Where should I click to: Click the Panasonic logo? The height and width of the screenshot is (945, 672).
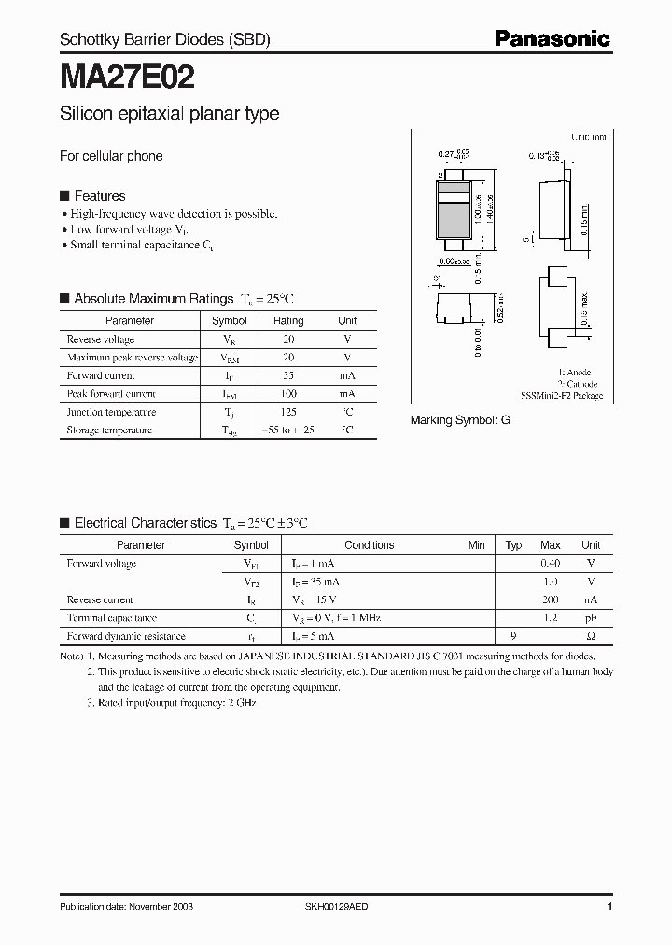tap(552, 38)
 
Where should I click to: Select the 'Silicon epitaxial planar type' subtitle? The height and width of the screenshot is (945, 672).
tap(169, 114)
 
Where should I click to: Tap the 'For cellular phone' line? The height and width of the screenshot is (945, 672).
tap(111, 156)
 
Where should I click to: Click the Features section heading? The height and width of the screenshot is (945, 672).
tap(99, 196)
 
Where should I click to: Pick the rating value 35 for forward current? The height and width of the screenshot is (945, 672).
tap(287, 375)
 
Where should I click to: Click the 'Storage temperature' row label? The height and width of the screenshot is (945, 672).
tap(109, 430)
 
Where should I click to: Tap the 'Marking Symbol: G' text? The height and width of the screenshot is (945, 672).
tap(460, 421)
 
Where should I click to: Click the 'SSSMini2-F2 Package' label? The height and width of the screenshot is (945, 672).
tap(562, 396)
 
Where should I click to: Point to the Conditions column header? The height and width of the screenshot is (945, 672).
tap(370, 545)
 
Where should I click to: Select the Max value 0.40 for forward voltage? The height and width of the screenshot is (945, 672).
tap(551, 564)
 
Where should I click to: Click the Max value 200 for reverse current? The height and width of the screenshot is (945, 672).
tap(551, 600)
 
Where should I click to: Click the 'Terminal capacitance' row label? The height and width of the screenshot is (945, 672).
tap(112, 618)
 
